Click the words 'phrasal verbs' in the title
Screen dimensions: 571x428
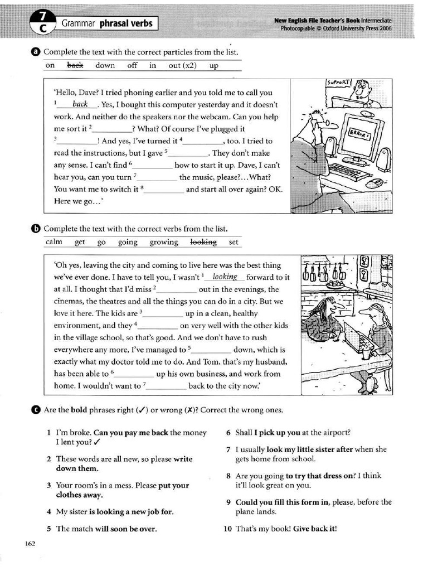pyautogui.click(x=125, y=23)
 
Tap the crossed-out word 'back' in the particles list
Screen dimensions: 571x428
pyautogui.click(x=75, y=65)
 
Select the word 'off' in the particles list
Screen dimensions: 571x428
pyautogui.click(x=132, y=65)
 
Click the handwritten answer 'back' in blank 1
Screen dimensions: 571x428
pyautogui.click(x=80, y=104)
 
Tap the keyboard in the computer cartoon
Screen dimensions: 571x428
pyautogui.click(x=349, y=172)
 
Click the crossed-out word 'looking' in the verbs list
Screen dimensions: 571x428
pyautogui.click(x=203, y=242)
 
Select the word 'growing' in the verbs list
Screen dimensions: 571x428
pyautogui.click(x=164, y=242)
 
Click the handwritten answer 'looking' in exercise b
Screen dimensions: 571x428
pyautogui.click(x=225, y=277)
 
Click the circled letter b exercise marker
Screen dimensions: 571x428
pyautogui.click(x=36, y=229)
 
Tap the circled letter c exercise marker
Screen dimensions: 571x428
pyautogui.click(x=36, y=410)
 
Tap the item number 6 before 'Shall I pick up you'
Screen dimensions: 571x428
pyautogui.click(x=228, y=432)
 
